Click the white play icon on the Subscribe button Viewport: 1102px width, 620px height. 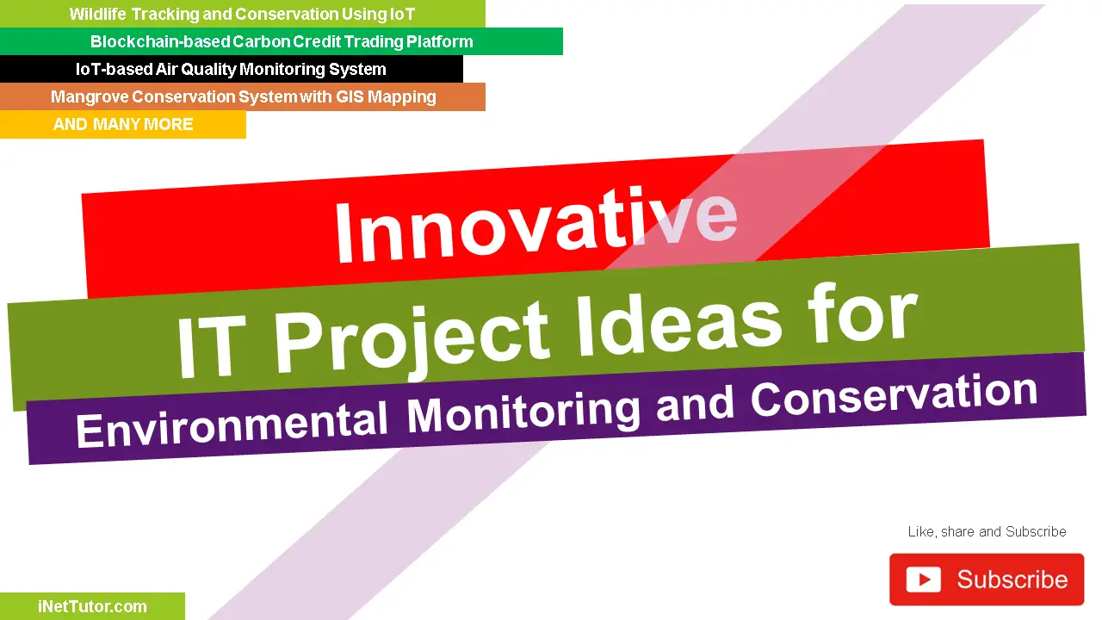(923, 580)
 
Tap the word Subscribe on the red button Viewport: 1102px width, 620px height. (1012, 580)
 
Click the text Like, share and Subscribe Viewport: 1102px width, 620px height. (987, 531)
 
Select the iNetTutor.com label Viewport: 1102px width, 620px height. (92, 606)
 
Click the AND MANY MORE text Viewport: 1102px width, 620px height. (123, 124)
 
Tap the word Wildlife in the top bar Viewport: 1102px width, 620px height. (97, 14)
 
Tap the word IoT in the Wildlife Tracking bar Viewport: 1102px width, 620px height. (401, 14)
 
